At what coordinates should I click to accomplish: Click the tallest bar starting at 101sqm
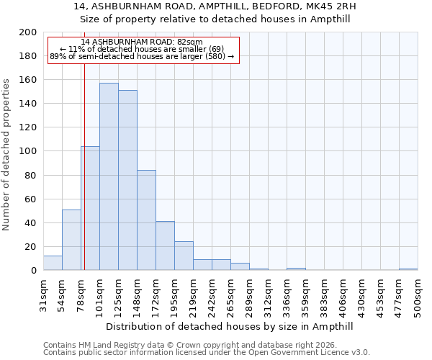pyautogui.click(x=109, y=176)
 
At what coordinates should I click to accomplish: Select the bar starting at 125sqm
pyautogui.click(x=127, y=180)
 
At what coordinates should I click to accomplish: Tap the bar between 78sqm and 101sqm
pyautogui.click(x=90, y=208)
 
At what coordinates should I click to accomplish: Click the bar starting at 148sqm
pyautogui.click(x=146, y=220)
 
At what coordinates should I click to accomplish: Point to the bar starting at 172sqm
pyautogui.click(x=165, y=246)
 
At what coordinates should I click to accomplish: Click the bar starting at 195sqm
pyautogui.click(x=184, y=256)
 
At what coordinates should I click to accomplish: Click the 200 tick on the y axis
pyautogui.click(x=29, y=32)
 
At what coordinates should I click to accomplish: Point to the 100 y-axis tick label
pyautogui.click(x=29, y=151)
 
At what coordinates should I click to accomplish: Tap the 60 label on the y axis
pyautogui.click(x=31, y=199)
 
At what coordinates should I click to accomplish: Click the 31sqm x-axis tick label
pyautogui.click(x=43, y=293)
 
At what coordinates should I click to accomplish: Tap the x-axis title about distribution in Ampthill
pyautogui.click(x=230, y=326)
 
